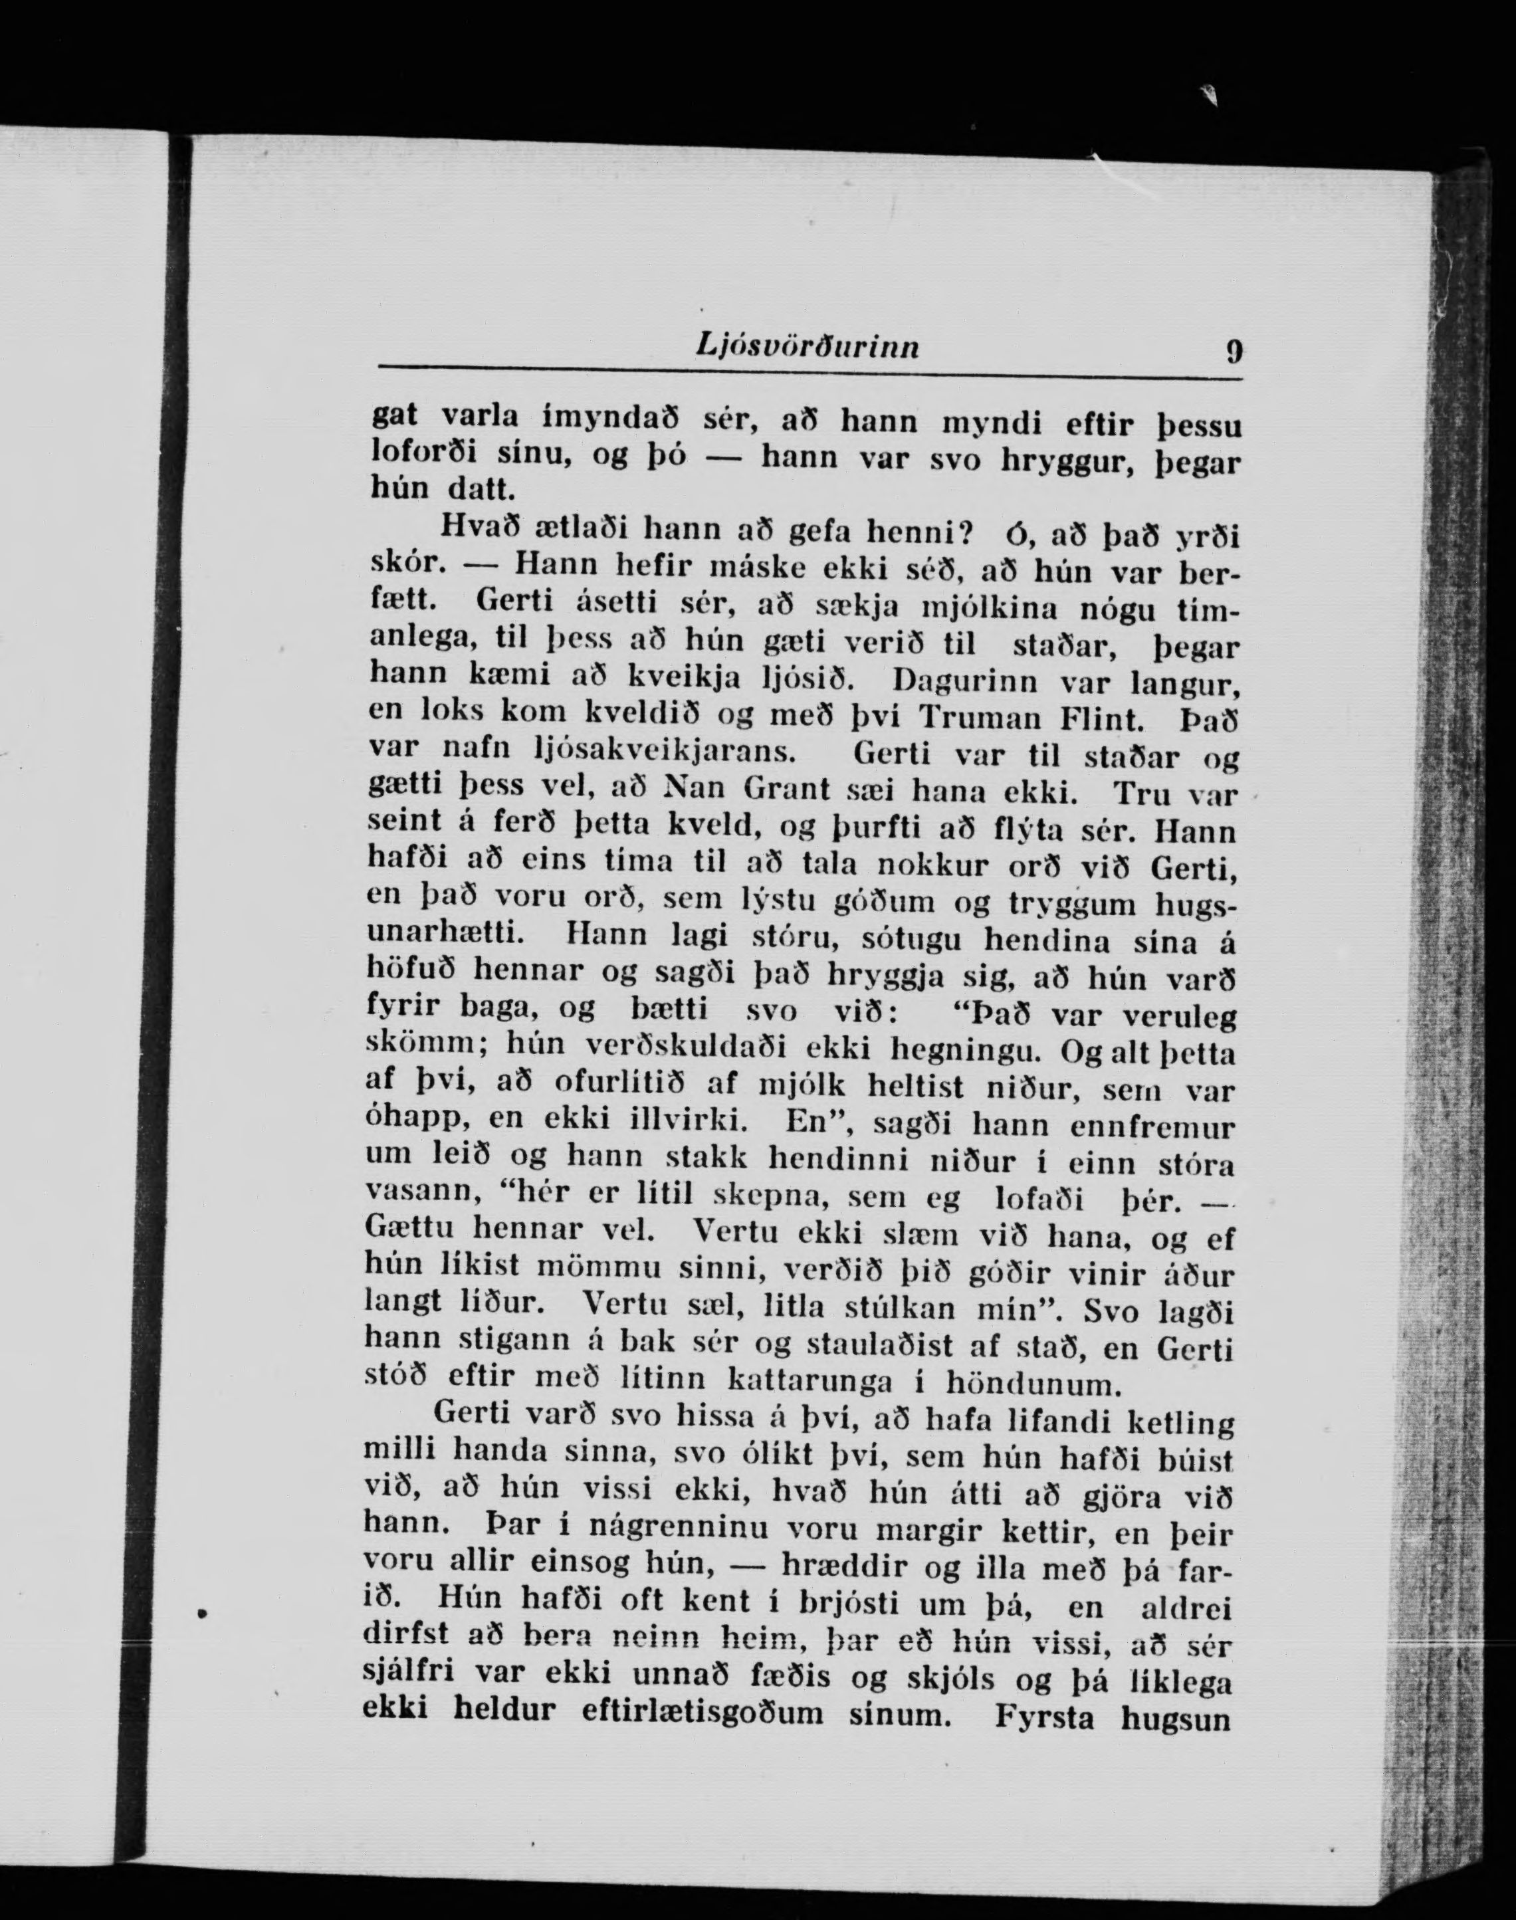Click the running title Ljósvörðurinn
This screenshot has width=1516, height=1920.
[x=807, y=347]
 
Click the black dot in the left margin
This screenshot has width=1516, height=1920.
[x=202, y=1613]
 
